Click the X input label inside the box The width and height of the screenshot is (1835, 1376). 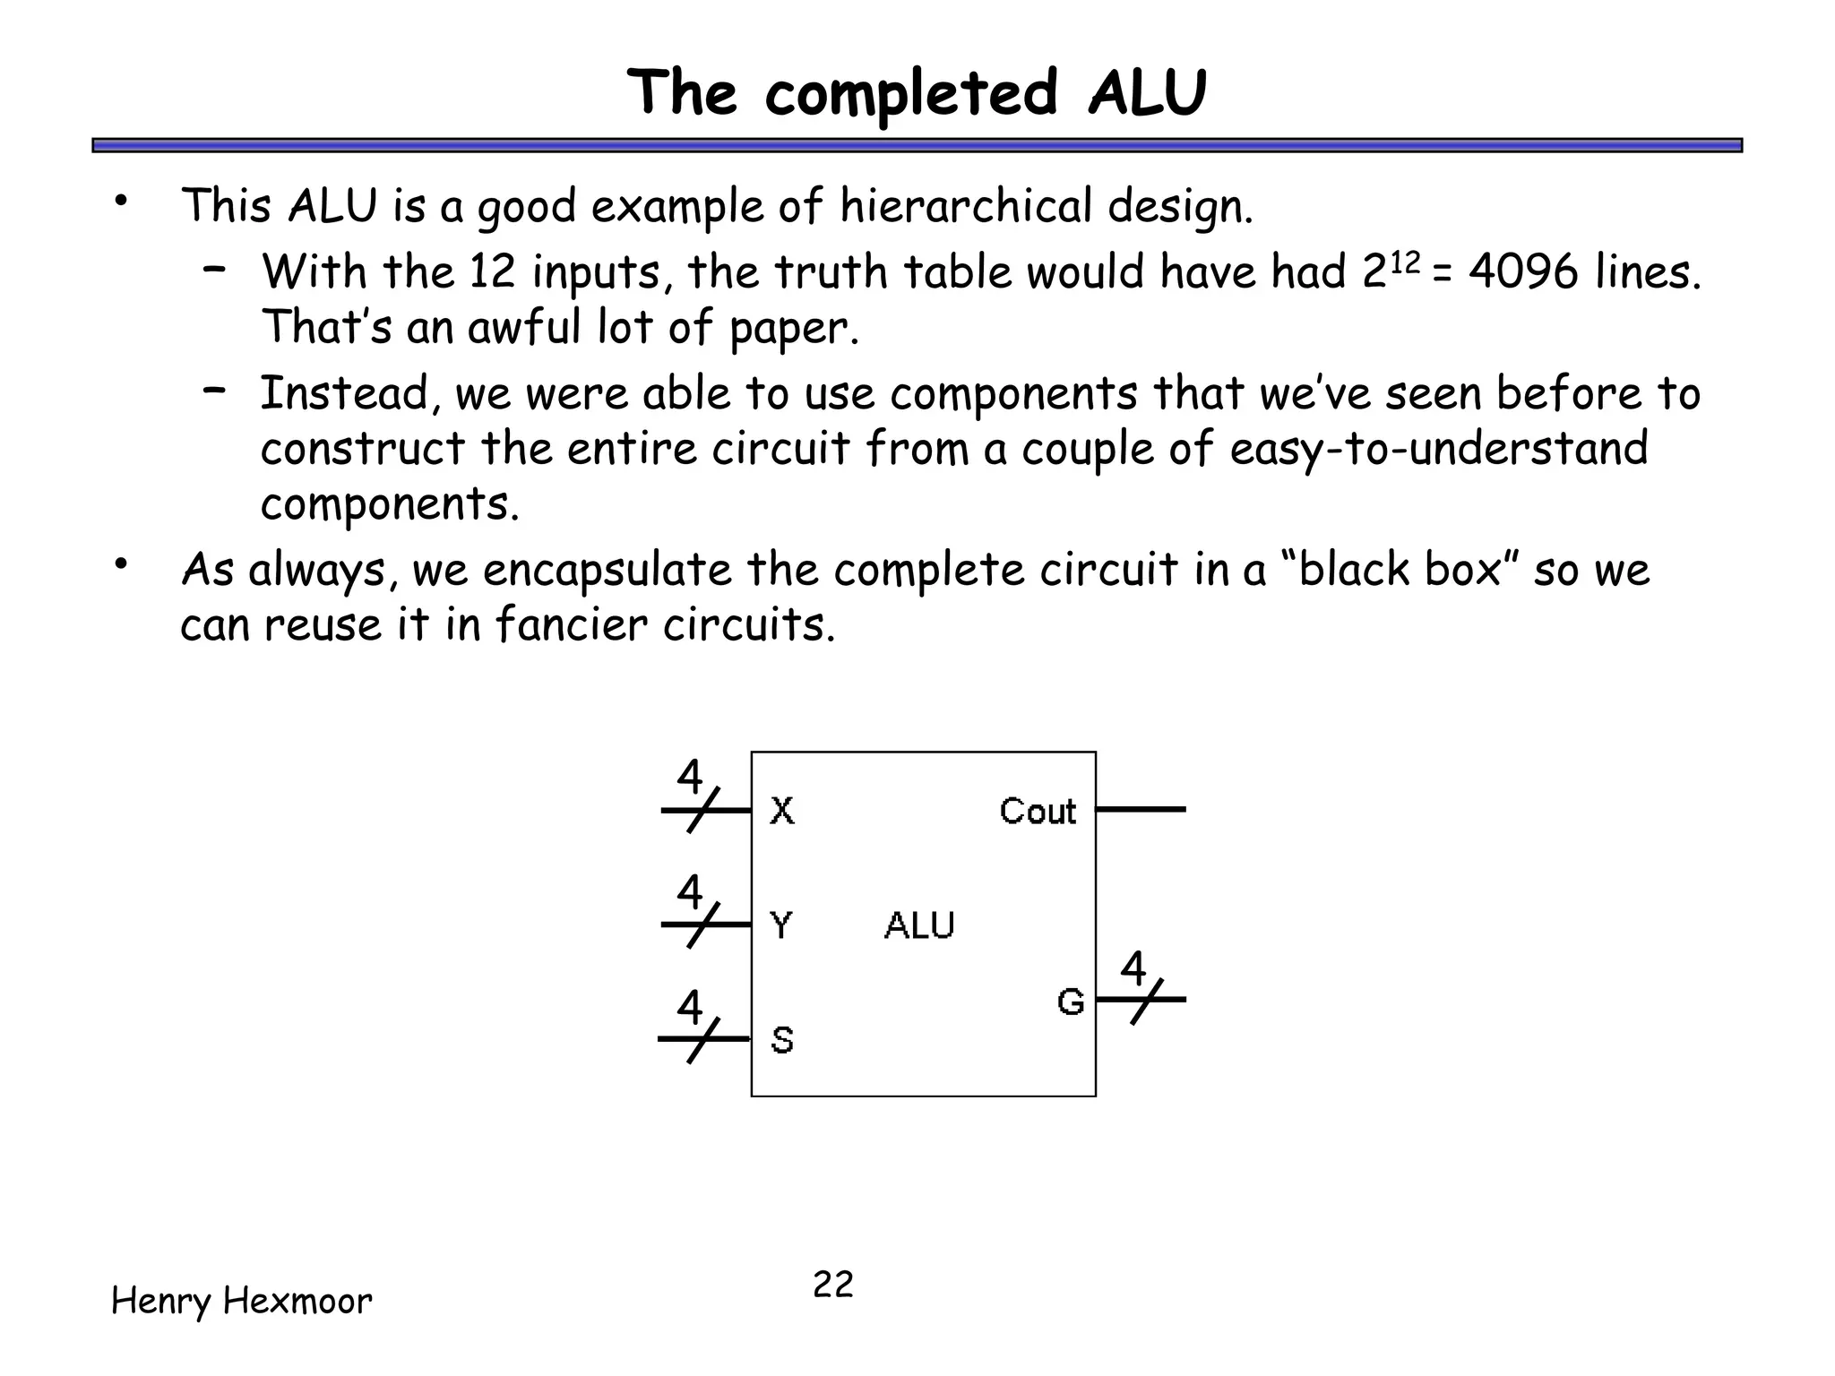pyautogui.click(x=781, y=811)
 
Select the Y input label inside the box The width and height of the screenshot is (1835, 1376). pyautogui.click(x=781, y=924)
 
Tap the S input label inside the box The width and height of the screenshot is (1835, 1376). pyautogui.click(x=782, y=1040)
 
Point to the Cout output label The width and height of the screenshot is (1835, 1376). pyautogui.click(x=1038, y=811)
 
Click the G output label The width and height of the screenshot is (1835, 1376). pyautogui.click(x=1071, y=1002)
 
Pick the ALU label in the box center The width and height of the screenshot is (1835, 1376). pyautogui.click(x=919, y=925)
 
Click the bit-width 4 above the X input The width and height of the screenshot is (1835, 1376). pyautogui.click(x=690, y=777)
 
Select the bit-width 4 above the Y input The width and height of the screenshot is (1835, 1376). pyautogui.click(x=690, y=891)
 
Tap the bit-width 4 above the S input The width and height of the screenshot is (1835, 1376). pyautogui.click(x=690, y=1007)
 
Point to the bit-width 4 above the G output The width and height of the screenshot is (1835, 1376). pyautogui.click(x=1133, y=967)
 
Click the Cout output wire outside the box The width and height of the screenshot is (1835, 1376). pyautogui.click(x=1141, y=809)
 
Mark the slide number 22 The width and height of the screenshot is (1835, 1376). pyautogui.click(x=833, y=1285)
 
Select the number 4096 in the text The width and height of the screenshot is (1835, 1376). pyautogui.click(x=1524, y=271)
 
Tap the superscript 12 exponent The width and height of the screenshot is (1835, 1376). pyautogui.click(x=1405, y=262)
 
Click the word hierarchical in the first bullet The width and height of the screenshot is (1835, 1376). pyautogui.click(x=965, y=206)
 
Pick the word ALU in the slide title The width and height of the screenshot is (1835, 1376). pyautogui.click(x=1148, y=92)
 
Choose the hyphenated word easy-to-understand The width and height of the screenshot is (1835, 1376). pyautogui.click(x=1439, y=448)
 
